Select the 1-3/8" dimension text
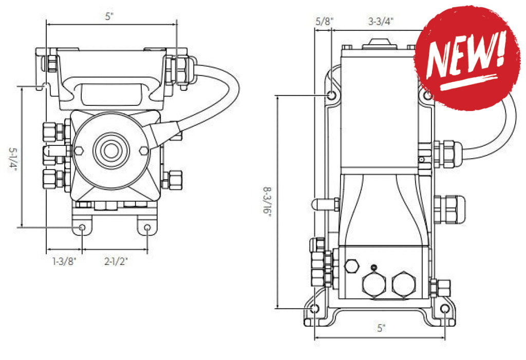click(64, 261)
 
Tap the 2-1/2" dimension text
click(116, 261)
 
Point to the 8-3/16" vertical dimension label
click(267, 203)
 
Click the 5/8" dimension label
click(324, 21)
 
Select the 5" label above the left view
click(109, 16)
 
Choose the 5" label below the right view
click(381, 328)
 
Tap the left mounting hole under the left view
click(81, 228)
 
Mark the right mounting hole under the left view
click(147, 228)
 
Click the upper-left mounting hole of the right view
click(332, 96)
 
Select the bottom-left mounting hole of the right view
click(315, 309)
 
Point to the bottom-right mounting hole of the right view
click(445, 309)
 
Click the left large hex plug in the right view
click(373, 284)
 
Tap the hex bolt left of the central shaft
click(79, 151)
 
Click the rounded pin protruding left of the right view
click(322, 204)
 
